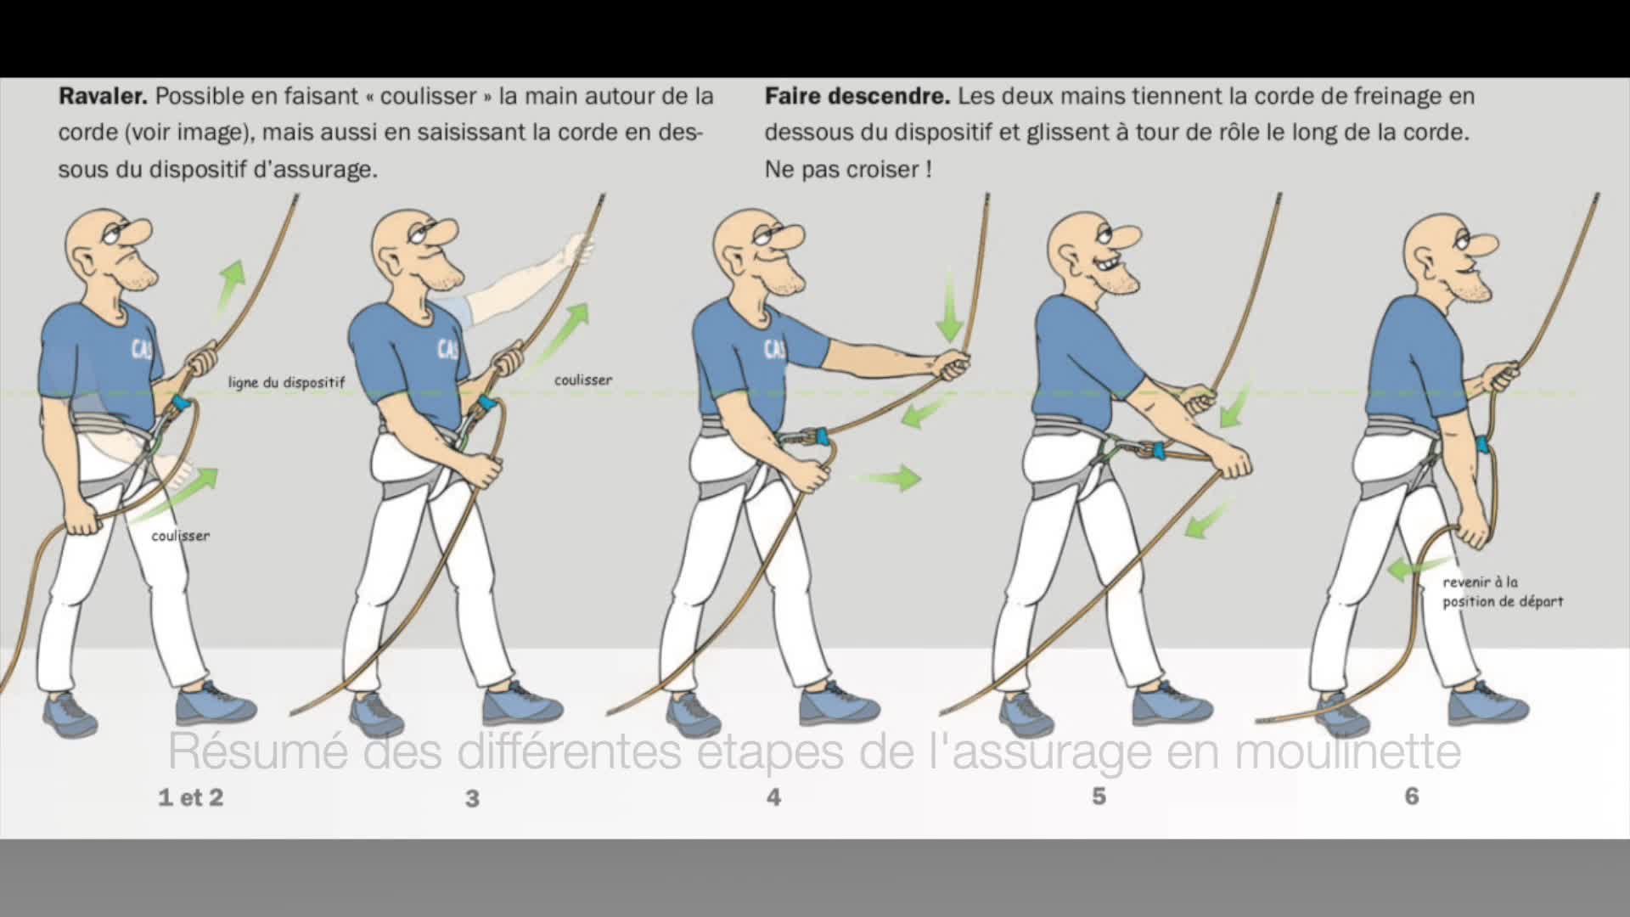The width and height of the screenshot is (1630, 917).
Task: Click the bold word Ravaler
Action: (x=103, y=96)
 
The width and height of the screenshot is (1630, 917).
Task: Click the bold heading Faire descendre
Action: (x=857, y=96)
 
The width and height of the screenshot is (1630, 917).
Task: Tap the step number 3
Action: (x=472, y=798)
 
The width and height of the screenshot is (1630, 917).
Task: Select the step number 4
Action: (x=773, y=796)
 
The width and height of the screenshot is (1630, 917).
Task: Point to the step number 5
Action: (x=1099, y=796)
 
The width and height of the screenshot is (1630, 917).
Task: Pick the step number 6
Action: (x=1412, y=796)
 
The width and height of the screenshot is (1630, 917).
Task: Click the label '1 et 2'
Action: (x=191, y=797)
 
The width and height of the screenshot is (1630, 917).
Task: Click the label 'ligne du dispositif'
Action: (x=287, y=382)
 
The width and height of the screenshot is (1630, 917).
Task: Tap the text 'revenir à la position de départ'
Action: (x=1503, y=592)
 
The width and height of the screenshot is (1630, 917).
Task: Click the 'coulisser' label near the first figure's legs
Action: (x=181, y=536)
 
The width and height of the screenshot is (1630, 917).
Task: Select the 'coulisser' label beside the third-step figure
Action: (x=583, y=380)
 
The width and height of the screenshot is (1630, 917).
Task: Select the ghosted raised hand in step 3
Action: (x=580, y=248)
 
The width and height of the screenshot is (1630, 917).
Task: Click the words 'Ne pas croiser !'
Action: (x=848, y=170)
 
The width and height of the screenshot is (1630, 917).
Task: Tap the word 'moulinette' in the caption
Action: (x=1347, y=751)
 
